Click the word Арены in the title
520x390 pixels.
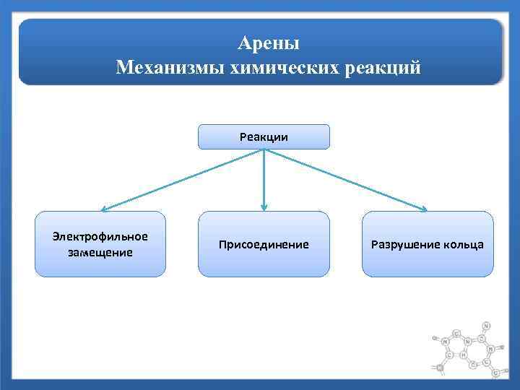coord(268,44)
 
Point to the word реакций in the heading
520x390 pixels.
coord(383,69)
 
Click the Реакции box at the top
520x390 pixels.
coord(264,136)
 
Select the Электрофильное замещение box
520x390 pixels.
coord(100,244)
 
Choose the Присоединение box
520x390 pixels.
coord(264,244)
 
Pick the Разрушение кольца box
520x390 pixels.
coord(428,244)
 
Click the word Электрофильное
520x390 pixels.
coord(100,237)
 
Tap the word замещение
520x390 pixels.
coord(100,252)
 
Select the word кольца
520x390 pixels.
coord(464,245)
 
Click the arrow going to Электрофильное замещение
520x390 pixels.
coord(181,181)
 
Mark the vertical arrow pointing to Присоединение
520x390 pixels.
coord(264,181)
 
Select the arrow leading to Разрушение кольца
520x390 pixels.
coord(347,181)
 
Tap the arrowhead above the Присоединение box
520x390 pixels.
coord(264,208)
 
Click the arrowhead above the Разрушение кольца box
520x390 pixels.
coord(423,210)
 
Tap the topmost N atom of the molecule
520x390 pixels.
coord(486,326)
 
